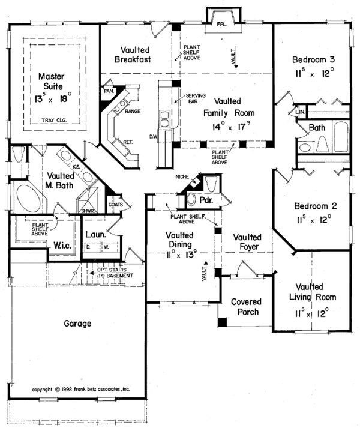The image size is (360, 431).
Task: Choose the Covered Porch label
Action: (x=244, y=307)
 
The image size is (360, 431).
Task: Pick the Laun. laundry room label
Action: (x=95, y=235)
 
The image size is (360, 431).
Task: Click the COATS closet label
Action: (x=116, y=205)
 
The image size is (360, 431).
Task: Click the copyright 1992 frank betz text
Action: (x=80, y=388)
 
